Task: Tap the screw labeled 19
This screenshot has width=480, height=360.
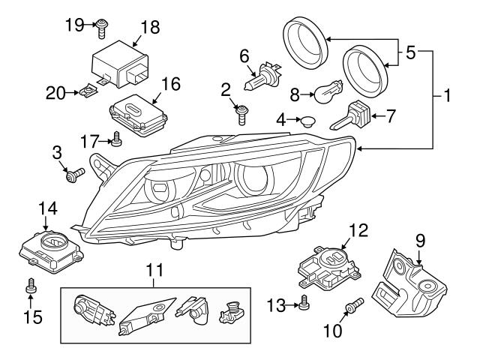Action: pos(102,28)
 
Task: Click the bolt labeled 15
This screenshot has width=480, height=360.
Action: pos(30,286)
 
